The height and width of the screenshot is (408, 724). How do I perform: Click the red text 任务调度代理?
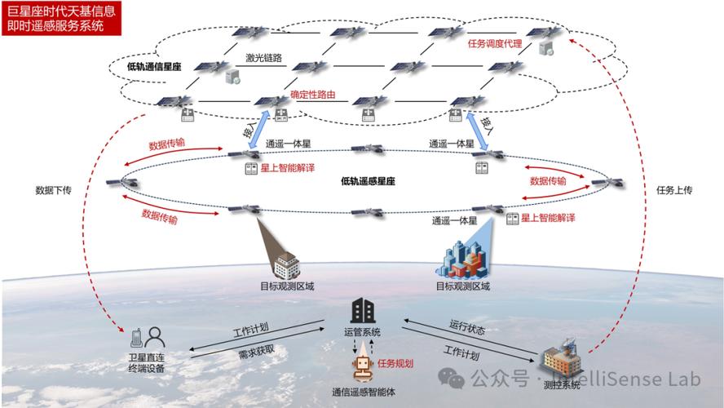(x=494, y=44)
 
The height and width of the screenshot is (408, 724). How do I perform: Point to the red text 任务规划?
(x=395, y=363)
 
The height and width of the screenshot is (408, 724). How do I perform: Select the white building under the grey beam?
(x=285, y=265)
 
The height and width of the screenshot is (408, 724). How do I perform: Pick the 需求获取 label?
(x=249, y=355)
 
